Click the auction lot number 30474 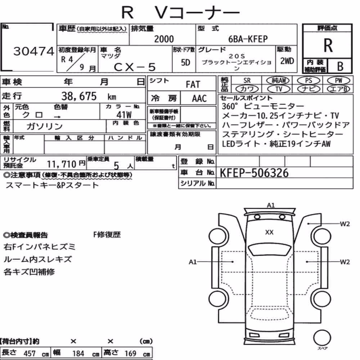[x=33, y=51]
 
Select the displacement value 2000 [x=164, y=39]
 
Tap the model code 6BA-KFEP [x=248, y=39]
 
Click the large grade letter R [x=328, y=45]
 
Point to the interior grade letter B [x=340, y=66]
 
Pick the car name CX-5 [x=135, y=67]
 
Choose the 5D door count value [x=185, y=62]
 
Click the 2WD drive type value [x=287, y=61]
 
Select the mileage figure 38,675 [x=79, y=96]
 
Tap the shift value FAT [x=193, y=85]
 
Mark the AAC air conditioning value [x=199, y=99]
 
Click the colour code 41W [x=124, y=114]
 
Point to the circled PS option [x=309, y=81]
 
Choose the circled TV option [x=279, y=89]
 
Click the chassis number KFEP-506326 [x=254, y=173]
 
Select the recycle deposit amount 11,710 [x=62, y=164]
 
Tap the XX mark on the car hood [x=269, y=232]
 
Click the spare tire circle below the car [x=322, y=338]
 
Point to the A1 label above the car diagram [x=271, y=205]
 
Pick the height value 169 [x=130, y=354]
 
